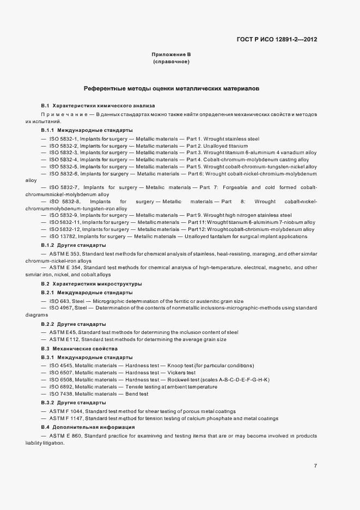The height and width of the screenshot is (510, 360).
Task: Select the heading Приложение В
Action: [171, 55]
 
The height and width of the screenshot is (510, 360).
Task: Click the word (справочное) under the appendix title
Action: [171, 63]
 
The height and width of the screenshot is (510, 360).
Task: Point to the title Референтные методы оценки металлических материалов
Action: [171, 88]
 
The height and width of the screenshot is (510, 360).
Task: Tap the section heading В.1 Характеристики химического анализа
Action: [98, 106]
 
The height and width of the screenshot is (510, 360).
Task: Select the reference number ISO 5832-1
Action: [63, 139]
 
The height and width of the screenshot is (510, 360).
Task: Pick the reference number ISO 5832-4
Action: [63, 160]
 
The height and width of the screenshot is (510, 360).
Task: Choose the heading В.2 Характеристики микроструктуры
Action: [91, 284]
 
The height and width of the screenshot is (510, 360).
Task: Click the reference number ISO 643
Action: [59, 301]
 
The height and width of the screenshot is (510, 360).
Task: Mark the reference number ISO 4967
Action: [61, 308]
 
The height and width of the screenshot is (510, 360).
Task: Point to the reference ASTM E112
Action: [63, 340]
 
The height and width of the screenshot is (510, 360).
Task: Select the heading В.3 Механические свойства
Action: [80, 348]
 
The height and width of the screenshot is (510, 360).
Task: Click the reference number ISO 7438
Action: [61, 394]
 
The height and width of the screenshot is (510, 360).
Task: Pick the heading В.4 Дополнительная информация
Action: [88, 427]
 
